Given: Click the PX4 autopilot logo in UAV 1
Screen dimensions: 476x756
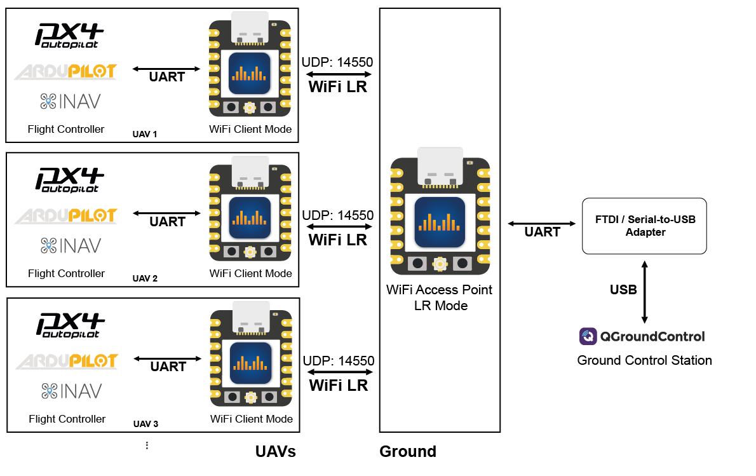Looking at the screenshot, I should pos(69,34).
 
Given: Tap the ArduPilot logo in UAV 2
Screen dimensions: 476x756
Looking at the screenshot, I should pos(65,216).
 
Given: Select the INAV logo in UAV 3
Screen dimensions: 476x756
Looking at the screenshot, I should pos(71,391).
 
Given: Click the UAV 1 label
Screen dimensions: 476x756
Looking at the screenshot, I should pos(144,135).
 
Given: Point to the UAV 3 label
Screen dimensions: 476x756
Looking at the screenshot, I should pos(145,425).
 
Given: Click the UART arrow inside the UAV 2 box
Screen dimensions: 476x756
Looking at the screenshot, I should pos(167,213).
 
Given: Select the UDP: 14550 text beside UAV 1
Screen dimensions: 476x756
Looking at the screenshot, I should pos(337,62).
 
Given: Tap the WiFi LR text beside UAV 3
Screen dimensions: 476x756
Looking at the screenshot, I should pos(339,385).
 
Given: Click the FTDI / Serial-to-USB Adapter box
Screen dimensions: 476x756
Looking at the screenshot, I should pos(644,226).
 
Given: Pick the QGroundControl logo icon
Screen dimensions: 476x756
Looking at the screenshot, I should pos(588,336).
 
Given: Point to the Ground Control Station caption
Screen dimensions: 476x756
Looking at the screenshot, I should pos(644,360).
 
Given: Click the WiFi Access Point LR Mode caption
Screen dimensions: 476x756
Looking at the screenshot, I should pos(440,297).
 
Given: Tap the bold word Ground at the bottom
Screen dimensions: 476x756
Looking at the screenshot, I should pos(408,452).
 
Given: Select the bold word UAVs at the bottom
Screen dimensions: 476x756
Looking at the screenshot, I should pos(276,452).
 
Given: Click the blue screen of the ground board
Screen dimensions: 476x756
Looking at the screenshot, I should pos(440,222).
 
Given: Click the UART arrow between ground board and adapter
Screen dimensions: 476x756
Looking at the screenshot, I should pos(542,223).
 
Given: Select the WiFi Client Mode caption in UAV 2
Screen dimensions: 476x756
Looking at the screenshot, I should pos(251,274).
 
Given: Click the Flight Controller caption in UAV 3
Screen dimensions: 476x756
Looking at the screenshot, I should pos(67,419).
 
